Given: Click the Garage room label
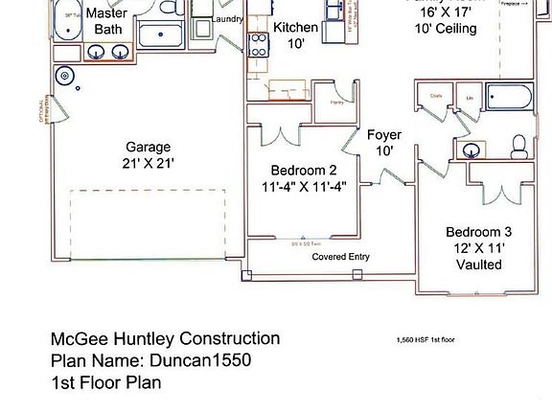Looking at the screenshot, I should coord(148,147).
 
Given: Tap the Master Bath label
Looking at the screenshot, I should coord(105,21).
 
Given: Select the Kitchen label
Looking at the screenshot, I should coord(295,28).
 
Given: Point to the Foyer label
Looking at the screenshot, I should coord(384,135).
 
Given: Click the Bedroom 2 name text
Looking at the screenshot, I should coord(303,170).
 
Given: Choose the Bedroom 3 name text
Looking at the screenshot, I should coord(479,231).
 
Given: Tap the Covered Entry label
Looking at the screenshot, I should coord(340,257).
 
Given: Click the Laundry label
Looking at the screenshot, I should coord(226,19).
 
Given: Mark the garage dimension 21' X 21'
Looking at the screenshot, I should coord(148,164).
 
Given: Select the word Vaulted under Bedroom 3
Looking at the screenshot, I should coord(479,264).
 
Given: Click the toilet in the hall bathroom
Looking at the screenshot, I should coord(519,147).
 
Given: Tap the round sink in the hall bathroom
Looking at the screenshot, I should coord(471,149).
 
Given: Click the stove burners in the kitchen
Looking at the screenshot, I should coord(258,44).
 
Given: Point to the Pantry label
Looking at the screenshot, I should coord(335,101).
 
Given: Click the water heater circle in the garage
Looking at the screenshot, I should coord(65,74).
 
